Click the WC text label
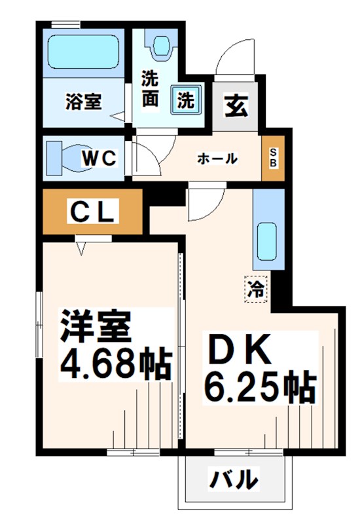(x=99, y=158)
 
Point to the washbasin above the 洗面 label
(x=159, y=46)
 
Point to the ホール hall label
(x=217, y=159)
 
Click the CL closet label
(x=92, y=211)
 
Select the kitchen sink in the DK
(x=267, y=242)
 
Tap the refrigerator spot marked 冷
(x=256, y=289)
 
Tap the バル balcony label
(x=232, y=479)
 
